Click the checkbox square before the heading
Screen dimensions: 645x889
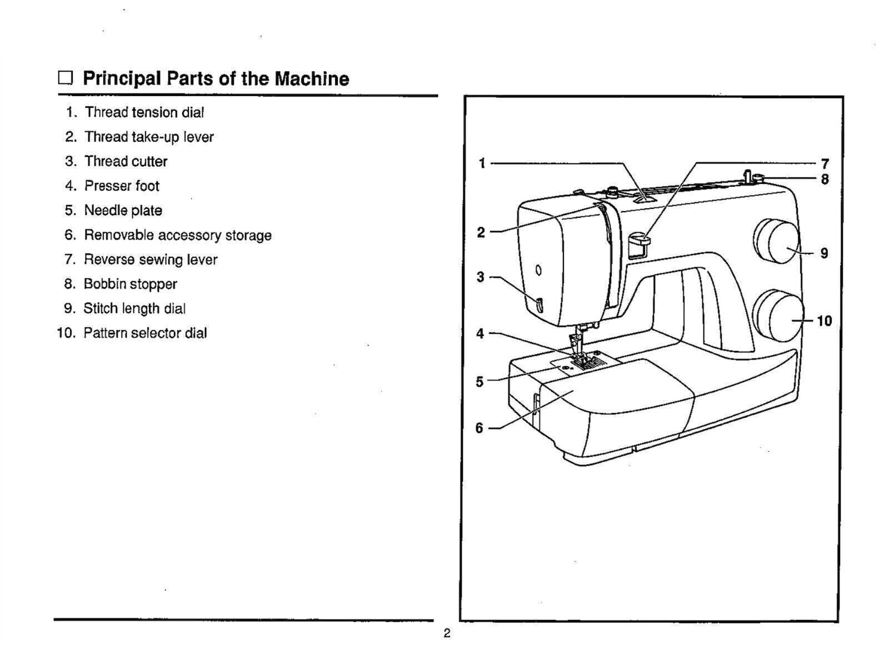click(x=66, y=78)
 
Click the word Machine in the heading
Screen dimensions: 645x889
click(x=312, y=78)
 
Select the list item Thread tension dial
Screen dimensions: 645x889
click(x=144, y=112)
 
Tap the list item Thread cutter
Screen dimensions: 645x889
click(x=126, y=161)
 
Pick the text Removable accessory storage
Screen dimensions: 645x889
click(x=177, y=235)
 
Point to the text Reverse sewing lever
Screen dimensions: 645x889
click(x=150, y=259)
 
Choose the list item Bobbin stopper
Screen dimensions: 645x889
click(x=130, y=284)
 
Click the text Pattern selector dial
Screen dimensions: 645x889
click(x=145, y=333)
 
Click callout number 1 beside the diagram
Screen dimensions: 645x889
click(x=482, y=163)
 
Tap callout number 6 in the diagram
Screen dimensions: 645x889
click(x=479, y=428)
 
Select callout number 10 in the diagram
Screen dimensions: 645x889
click(x=825, y=321)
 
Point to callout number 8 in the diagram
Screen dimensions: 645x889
click(x=825, y=179)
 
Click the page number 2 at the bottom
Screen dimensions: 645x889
click(x=446, y=633)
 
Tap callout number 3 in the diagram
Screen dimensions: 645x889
click(x=480, y=277)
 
